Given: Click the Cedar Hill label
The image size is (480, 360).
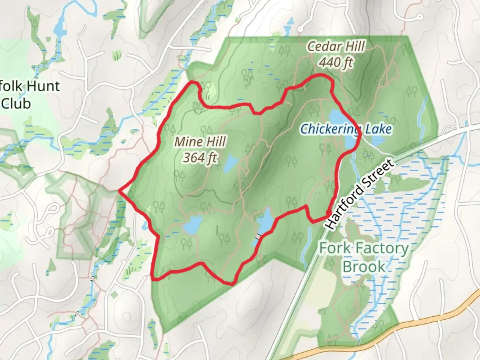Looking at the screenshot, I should tap(336, 47).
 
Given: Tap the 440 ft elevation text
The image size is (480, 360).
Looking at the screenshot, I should tap(336, 62).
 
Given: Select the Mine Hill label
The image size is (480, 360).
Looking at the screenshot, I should tap(200, 142).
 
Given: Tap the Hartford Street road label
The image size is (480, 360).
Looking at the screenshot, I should tap(360, 194).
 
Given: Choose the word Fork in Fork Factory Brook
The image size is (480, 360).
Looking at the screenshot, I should tap(334, 248).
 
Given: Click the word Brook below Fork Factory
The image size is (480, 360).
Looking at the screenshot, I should tap(364, 267).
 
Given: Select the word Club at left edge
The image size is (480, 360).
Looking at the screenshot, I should tap(16, 104).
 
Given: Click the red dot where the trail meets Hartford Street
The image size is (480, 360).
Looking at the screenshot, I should tap(328, 213).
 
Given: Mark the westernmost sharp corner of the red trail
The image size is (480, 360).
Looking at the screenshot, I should tap(119, 191).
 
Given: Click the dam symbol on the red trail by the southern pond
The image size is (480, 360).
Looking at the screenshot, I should tap(257, 237).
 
